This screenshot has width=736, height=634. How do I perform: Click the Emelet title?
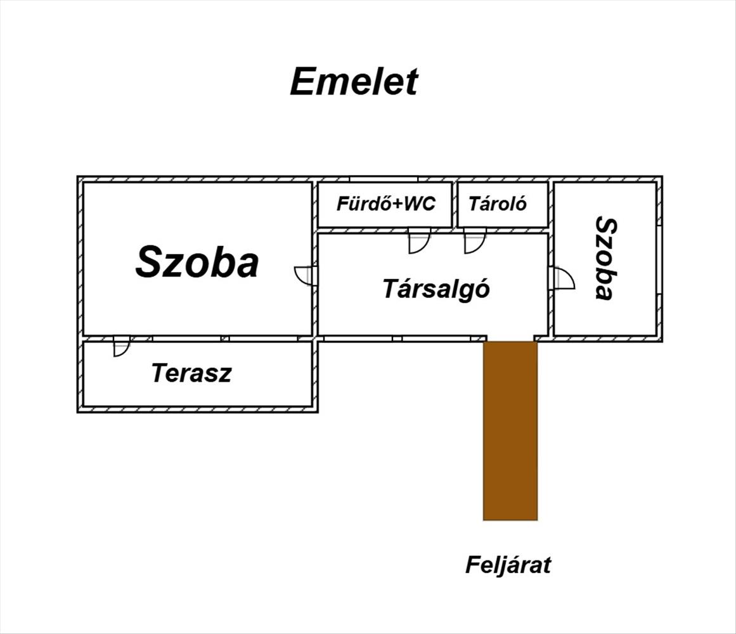pos(354,82)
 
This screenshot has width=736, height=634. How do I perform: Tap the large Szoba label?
pos(197,261)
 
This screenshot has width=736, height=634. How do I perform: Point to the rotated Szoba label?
pos(605,259)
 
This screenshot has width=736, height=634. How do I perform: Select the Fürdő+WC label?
pos(386,204)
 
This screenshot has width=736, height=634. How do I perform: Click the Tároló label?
pos(498,204)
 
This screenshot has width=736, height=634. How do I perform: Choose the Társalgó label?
pos(436,288)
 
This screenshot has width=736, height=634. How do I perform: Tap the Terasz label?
pos(191,373)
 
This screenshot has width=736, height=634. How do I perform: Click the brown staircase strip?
pos(510,430)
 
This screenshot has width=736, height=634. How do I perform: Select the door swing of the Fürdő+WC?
pos(418,241)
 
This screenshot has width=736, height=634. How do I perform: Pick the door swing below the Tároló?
pos(475,241)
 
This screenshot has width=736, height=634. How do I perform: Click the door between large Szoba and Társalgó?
pos(305,275)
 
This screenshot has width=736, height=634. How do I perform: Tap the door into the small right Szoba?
pos(564,278)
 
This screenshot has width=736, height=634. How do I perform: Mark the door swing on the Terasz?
pos(122,346)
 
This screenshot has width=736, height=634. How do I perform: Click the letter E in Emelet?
pos(302,82)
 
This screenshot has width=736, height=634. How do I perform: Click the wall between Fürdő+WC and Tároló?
pos(455,205)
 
